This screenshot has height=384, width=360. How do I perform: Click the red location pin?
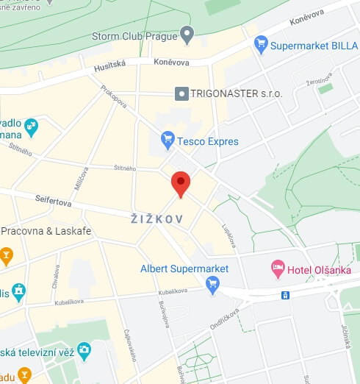pyautogui.click(x=181, y=182)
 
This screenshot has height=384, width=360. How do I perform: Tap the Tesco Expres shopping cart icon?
pyautogui.click(x=168, y=139)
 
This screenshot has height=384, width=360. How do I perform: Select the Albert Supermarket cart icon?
pyautogui.click(x=213, y=284)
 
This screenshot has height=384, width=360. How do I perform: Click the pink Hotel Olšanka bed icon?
pyautogui.click(x=278, y=269)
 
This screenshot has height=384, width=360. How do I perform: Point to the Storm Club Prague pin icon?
pyautogui.click(x=187, y=34)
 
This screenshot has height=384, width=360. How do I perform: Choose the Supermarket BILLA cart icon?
pyautogui.click(x=260, y=45)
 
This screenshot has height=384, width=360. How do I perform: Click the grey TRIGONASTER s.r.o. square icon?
pyautogui.click(x=181, y=94)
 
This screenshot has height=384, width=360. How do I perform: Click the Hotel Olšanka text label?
pyautogui.click(x=320, y=269)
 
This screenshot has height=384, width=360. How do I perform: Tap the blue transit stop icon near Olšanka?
pyautogui.click(x=285, y=296)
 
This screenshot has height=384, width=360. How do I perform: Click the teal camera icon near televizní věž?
pyautogui.click(x=84, y=349)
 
